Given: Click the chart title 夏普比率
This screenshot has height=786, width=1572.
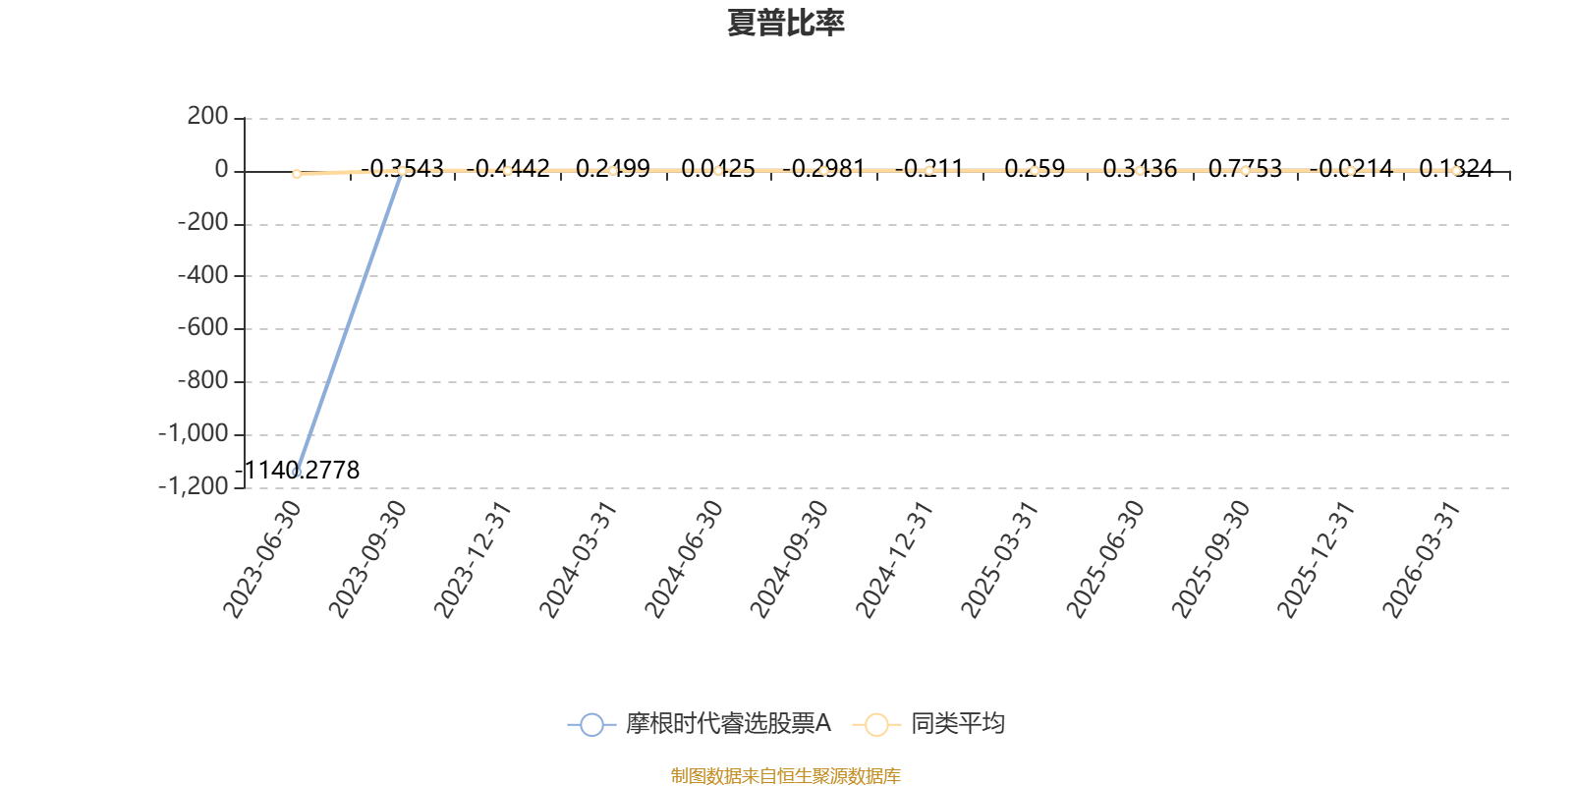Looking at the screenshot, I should click(785, 23).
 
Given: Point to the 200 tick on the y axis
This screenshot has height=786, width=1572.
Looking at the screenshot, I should click(207, 117).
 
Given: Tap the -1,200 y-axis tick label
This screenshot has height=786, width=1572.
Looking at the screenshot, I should click(193, 486).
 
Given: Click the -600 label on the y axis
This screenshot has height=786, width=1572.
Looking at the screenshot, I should click(201, 328).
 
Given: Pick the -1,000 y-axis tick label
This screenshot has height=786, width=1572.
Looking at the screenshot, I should click(193, 433).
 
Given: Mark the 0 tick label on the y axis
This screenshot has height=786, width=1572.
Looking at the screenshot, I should click(221, 170).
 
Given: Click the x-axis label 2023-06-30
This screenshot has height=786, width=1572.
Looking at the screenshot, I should click(261, 559).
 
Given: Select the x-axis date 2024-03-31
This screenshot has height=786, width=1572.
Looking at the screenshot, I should click(578, 559).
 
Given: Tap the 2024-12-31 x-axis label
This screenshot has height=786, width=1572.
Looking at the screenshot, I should click(893, 559).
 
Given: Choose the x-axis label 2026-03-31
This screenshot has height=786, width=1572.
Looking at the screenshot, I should click(1421, 559).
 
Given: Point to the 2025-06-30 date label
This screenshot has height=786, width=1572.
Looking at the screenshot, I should click(1104, 559).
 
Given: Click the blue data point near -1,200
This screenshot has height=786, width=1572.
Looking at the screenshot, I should click(297, 472).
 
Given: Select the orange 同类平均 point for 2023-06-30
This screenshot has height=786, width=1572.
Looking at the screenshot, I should click(297, 174).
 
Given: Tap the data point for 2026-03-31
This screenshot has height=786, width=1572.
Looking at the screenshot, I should click(1456, 171).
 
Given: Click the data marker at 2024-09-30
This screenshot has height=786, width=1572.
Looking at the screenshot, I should click(823, 171).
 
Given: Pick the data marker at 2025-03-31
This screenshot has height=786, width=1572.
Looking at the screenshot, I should click(1035, 171).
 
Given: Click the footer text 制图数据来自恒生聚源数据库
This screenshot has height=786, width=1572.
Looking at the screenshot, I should click(785, 776).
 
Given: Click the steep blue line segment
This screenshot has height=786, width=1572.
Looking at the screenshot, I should click(349, 321).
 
